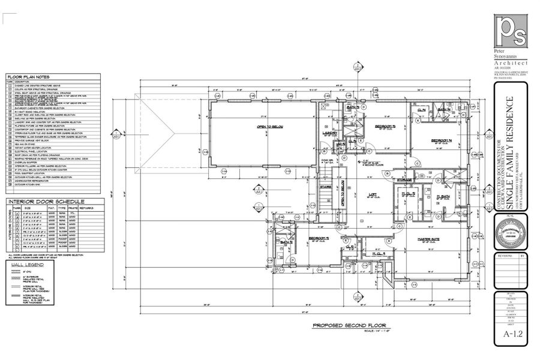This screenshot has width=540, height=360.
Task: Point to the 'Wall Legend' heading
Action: [25, 263]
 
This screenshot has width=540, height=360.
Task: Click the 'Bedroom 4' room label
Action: [441, 140]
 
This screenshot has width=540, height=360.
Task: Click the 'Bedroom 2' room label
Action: [318, 238]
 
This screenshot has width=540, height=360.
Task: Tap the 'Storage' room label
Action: [404, 179]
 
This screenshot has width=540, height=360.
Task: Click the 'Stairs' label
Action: [326, 187]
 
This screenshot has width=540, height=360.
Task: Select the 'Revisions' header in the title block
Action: [504, 256]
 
